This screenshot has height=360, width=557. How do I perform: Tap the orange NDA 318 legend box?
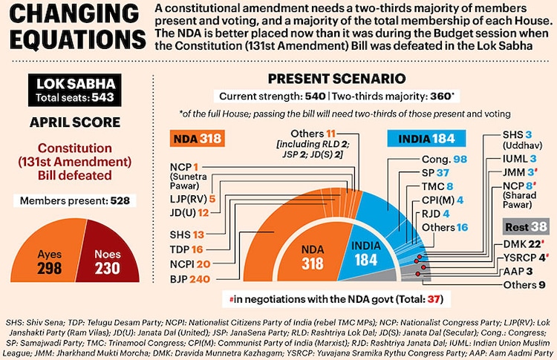point(197,139)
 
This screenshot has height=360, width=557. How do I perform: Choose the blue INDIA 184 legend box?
point(426,139)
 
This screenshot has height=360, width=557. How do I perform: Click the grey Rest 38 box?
point(526,227)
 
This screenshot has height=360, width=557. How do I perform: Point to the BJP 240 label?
point(189,279)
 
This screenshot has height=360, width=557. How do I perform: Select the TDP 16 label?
point(186,249)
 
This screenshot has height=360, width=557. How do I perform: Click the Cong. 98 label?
point(444,160)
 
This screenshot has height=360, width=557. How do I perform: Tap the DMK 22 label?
point(522,244)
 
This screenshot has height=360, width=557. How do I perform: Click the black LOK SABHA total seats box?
point(75,90)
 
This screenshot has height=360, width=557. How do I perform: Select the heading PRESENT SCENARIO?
point(336,79)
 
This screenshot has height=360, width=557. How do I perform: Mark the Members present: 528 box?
point(74,200)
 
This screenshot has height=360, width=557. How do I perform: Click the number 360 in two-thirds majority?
point(440,96)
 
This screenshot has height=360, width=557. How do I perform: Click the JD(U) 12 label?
point(189,213)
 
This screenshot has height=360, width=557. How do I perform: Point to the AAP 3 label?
point(518,271)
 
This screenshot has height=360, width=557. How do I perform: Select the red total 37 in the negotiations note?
point(434,299)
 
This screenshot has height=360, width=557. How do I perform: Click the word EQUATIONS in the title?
point(78,39)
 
